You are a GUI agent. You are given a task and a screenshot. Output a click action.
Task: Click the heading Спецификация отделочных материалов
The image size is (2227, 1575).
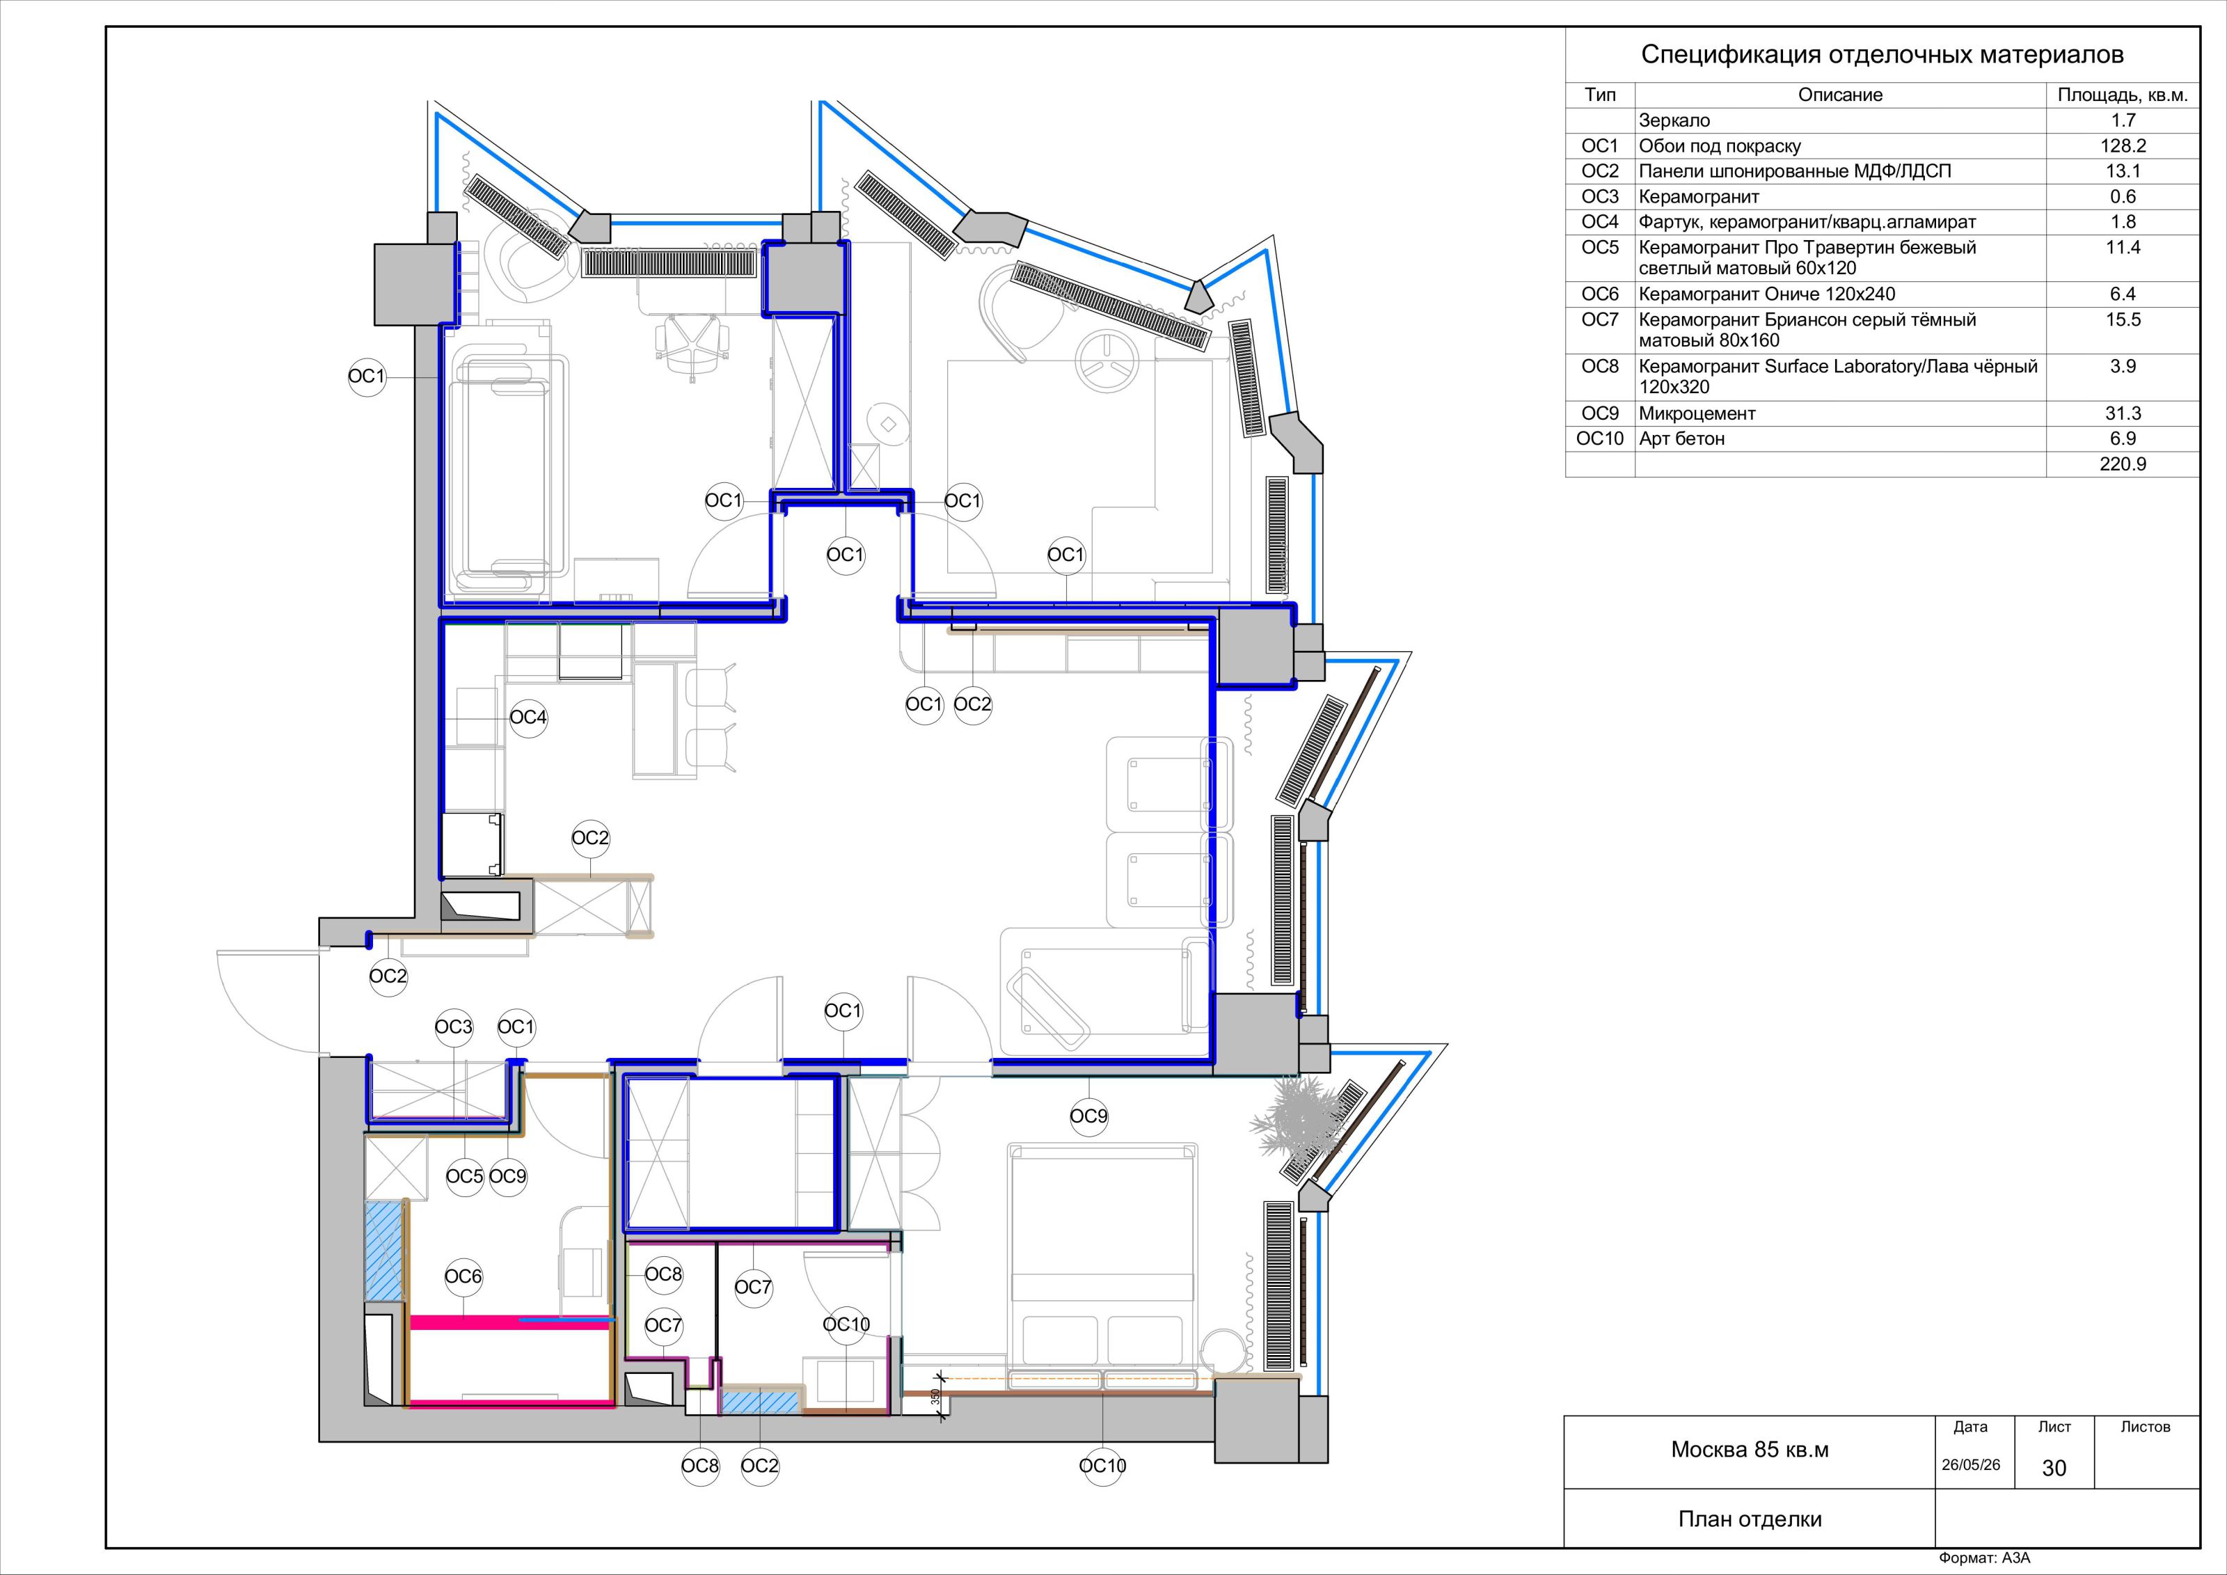click(x=1882, y=55)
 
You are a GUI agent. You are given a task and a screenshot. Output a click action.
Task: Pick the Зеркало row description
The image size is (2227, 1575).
click(x=1675, y=121)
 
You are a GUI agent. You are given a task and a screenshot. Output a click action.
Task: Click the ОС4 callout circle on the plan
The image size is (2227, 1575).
click(x=529, y=718)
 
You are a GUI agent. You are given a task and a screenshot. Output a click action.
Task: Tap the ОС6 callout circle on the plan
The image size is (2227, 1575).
click(x=463, y=1277)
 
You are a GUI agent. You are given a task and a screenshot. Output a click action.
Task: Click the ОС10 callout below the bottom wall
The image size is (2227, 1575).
click(x=1103, y=1466)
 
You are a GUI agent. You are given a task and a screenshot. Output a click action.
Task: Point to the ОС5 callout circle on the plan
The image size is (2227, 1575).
click(x=465, y=1176)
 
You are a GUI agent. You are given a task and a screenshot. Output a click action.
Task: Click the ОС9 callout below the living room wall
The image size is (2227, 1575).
click(x=1088, y=1116)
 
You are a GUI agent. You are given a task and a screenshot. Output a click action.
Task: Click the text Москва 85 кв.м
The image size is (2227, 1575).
click(x=1750, y=1450)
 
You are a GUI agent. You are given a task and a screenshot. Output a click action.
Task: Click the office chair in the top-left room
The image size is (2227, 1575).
click(x=692, y=345)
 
